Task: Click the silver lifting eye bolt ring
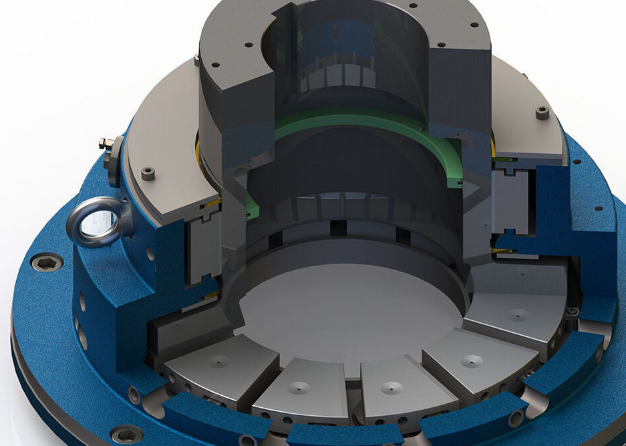click(93, 225)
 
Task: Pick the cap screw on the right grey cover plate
click(542, 112)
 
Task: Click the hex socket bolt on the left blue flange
click(47, 261)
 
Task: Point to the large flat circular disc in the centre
click(347, 314)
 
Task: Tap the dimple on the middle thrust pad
click(389, 386)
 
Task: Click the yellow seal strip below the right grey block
click(504, 251)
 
